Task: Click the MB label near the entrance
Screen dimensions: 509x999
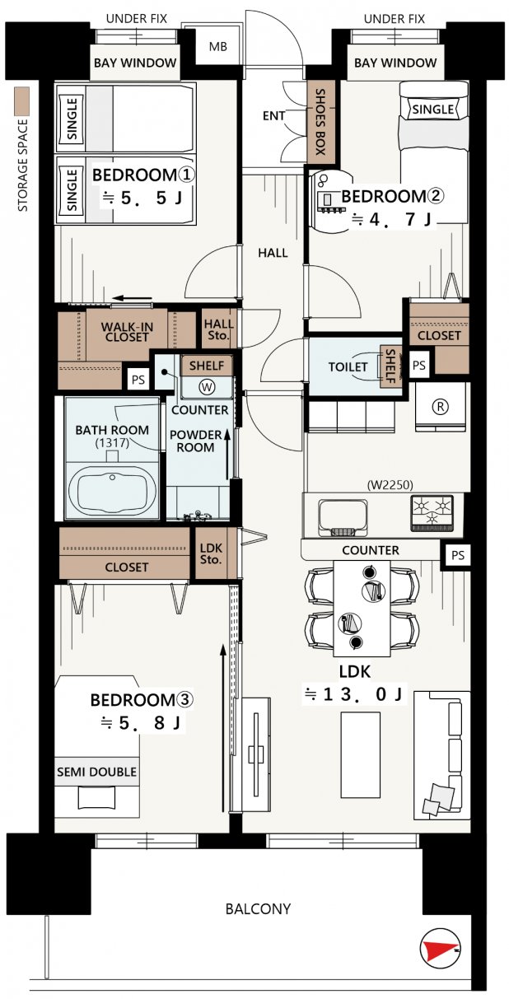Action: tap(218, 46)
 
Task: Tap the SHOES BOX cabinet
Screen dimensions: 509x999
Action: tap(320, 122)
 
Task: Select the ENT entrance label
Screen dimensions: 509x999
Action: tap(273, 115)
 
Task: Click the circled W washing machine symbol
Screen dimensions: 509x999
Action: tap(207, 386)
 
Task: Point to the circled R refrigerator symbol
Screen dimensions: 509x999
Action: tap(441, 406)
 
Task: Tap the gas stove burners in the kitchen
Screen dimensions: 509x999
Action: tap(432, 513)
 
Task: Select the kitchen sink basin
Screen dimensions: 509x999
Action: tap(343, 517)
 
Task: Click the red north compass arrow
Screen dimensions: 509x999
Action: tap(441, 949)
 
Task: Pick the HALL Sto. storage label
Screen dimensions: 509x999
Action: tap(218, 329)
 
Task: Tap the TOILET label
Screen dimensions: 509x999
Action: tap(348, 366)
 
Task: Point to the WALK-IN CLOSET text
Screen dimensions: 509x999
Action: tap(127, 332)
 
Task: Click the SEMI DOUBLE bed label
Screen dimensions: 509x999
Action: tap(97, 772)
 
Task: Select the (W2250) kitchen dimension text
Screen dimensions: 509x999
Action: tap(390, 484)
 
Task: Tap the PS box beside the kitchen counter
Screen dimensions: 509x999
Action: tap(457, 555)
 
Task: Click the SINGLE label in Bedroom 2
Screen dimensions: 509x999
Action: tap(433, 110)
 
